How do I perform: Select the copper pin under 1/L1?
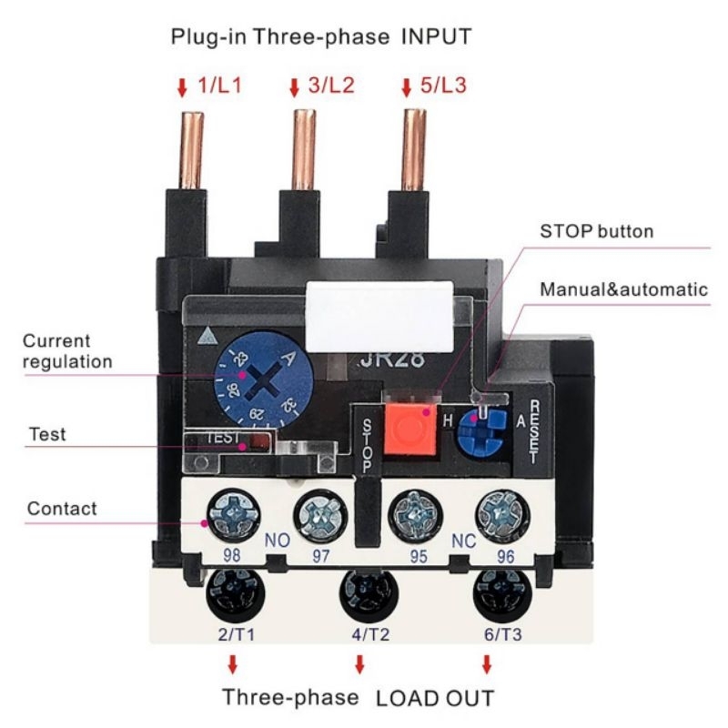[x=192, y=149]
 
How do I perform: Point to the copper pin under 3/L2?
[x=303, y=149]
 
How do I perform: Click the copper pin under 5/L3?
[x=415, y=149]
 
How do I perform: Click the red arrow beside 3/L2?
[x=294, y=88]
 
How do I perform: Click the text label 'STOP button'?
[x=597, y=231]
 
